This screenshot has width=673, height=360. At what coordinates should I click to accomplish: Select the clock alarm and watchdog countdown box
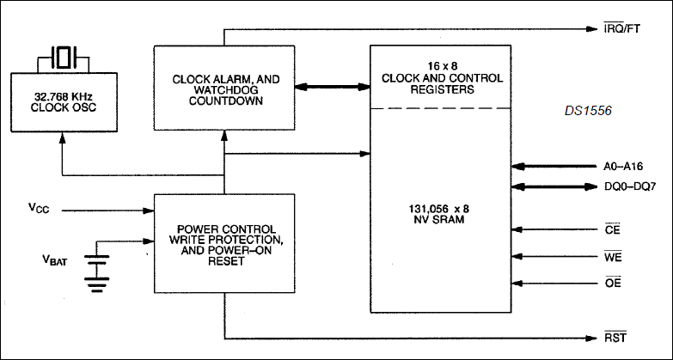click(224, 88)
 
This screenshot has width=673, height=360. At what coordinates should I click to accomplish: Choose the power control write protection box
click(224, 244)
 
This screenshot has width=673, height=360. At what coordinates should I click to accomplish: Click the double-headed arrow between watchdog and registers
click(333, 88)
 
